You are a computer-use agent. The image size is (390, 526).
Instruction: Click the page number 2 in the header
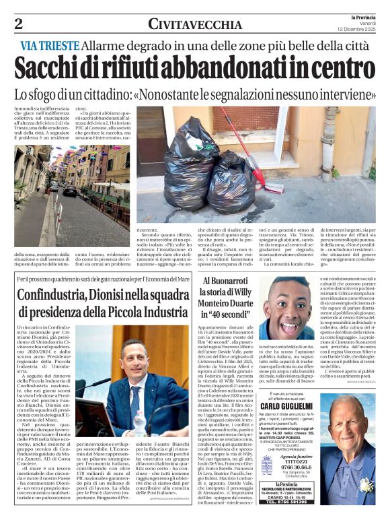coord(18,24)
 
